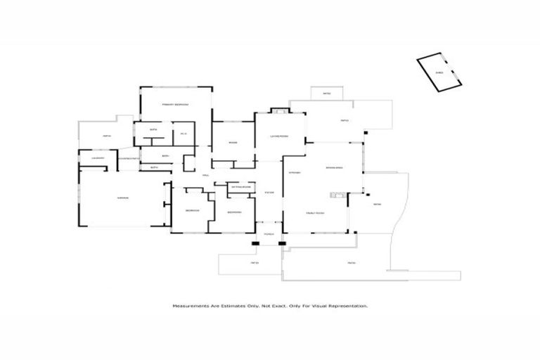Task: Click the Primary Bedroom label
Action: coord(175,105)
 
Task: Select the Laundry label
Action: coord(98,158)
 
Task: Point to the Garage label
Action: coord(122,198)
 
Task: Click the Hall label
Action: coord(206,175)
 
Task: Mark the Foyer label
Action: coord(268,193)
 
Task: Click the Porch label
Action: coord(268,233)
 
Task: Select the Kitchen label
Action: coord(295,172)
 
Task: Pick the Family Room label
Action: coord(314,212)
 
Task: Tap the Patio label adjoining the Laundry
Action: coord(106,136)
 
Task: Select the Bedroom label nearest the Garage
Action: coord(192,211)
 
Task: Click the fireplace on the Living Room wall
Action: coord(279,111)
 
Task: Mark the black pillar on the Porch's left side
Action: coord(255,244)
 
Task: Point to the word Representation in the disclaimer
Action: coord(347,306)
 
